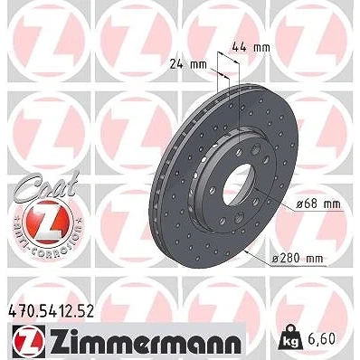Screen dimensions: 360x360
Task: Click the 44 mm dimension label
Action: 251,48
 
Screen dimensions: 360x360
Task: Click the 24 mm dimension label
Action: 188,64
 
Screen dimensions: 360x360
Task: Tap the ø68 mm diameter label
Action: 318,204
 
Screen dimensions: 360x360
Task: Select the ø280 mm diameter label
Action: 298,259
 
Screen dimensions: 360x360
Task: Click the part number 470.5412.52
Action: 51,311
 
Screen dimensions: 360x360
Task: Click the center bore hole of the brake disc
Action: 237,184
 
